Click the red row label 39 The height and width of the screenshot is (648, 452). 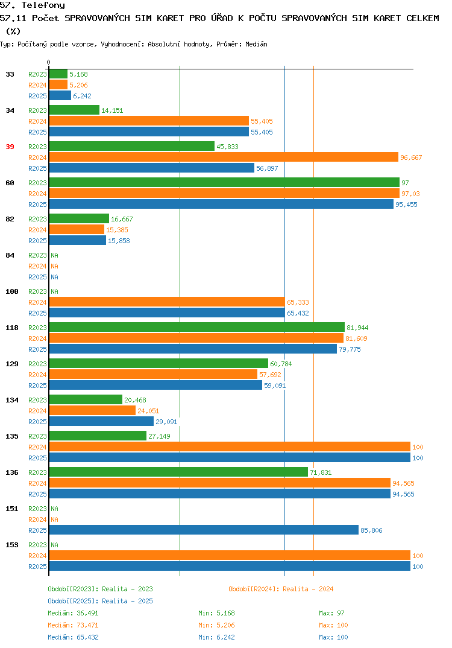10,147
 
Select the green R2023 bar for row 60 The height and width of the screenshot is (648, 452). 224,182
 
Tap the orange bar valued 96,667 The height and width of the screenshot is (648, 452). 224,157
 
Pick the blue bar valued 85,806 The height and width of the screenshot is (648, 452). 204,530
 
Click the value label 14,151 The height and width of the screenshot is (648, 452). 112,110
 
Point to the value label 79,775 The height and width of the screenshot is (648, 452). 350,349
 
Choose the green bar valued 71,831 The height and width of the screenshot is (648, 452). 178,472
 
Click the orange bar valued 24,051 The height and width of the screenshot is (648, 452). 92,410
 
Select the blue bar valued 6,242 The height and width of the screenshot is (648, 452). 60,95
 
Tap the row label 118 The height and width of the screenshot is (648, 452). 12,328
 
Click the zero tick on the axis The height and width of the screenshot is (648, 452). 49,62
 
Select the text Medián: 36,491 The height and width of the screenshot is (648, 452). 73,613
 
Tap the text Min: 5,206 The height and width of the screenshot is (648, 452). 216,625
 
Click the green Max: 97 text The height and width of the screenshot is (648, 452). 331,613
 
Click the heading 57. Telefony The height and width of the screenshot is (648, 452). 33,5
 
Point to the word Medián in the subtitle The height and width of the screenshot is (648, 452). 256,44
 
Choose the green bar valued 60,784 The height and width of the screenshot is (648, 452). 159,363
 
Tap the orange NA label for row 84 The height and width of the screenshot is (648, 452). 54,266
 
